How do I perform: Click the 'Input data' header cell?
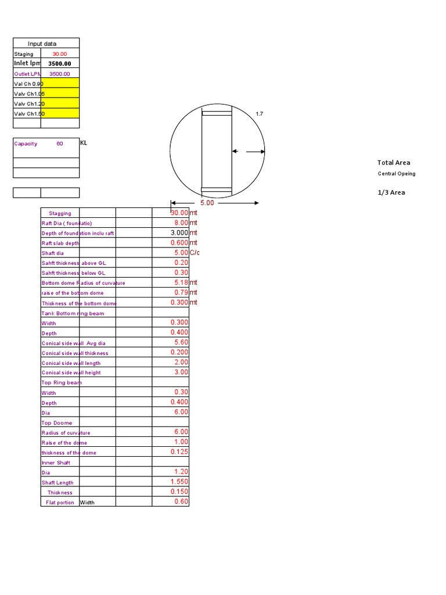45,44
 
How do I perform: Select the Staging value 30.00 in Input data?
60,54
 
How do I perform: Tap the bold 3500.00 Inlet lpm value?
60,64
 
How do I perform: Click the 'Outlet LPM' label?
26,74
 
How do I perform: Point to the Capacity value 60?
60,144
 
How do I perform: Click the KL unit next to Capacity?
84,143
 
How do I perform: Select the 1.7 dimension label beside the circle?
260,114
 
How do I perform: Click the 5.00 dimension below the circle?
207,203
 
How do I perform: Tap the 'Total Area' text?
394,163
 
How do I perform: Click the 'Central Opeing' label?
397,174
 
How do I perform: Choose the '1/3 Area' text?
391,192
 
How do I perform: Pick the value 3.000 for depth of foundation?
179,232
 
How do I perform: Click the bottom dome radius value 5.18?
181,282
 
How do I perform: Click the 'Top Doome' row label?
57,423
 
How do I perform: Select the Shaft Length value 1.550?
179,482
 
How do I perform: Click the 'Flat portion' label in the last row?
60,503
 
